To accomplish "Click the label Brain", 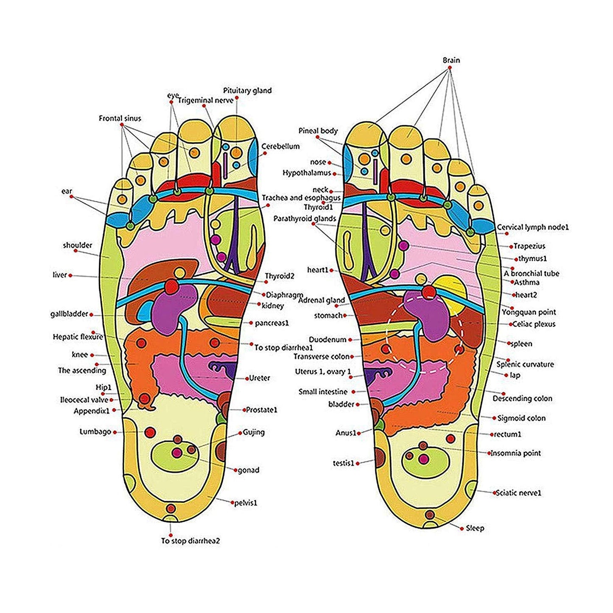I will coord(451,60).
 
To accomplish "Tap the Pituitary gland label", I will coord(247,90).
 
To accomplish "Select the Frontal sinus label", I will coord(120,118).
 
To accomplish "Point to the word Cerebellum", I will coord(280,146).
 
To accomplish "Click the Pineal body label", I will coord(318,131).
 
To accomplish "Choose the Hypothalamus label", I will coord(307,173).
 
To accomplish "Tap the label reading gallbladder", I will coord(69,314).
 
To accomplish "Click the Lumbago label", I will coord(95,432).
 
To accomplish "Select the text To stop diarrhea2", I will coord(190,541).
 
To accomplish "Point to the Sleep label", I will coord(475,528).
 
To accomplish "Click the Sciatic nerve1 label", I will coord(518,493).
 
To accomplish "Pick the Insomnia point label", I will coord(516,453).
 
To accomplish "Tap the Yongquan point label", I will coord(529,312).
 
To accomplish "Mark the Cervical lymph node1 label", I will coord(533,227).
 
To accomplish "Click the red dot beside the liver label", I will coord(70,275).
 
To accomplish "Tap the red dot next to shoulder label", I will coord(76,251).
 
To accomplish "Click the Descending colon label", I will coord(522,398).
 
